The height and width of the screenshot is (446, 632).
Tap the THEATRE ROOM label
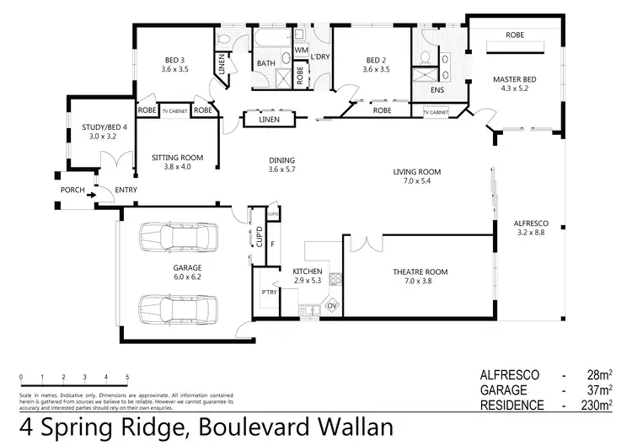[x=419, y=271]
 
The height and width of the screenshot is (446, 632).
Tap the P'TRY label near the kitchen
[x=270, y=292]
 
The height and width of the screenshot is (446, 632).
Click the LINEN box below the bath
[x=267, y=120]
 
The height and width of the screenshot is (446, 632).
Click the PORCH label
[x=72, y=190]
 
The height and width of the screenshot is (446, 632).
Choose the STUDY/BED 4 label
[x=104, y=126]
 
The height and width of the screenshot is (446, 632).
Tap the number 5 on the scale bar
[x=127, y=377]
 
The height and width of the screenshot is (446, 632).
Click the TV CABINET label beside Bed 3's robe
[x=175, y=110]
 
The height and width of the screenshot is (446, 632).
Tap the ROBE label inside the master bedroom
[x=515, y=35]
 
